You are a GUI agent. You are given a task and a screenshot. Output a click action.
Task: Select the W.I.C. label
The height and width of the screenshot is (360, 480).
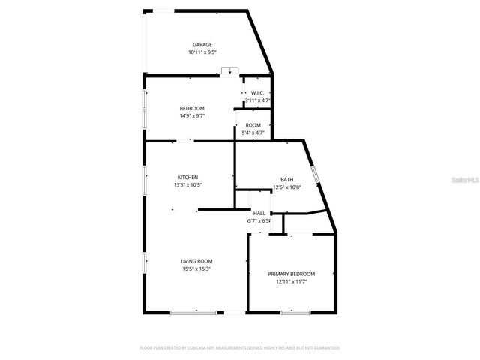[257, 92]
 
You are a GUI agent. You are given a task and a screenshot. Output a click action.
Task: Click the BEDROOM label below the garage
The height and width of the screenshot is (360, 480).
[192, 108]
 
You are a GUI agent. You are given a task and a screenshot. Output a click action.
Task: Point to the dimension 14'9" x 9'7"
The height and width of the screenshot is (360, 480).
[192, 115]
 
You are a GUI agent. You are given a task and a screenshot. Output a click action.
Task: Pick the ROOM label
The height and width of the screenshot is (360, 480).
[253, 124]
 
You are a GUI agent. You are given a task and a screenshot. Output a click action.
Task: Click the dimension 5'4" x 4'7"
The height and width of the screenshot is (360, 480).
[253, 133]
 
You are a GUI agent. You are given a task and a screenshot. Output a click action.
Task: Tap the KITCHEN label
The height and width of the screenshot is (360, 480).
[187, 177]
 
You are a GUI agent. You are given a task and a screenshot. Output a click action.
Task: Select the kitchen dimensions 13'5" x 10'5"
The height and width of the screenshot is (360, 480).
[187, 184]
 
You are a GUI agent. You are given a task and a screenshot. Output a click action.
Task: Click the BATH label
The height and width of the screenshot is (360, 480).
[287, 179]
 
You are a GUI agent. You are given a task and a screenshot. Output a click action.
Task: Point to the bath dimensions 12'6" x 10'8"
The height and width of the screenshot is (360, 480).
[287, 187]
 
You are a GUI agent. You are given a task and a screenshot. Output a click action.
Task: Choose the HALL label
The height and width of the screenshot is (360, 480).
[259, 213]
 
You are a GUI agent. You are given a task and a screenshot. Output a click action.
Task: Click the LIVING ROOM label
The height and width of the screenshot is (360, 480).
[196, 260]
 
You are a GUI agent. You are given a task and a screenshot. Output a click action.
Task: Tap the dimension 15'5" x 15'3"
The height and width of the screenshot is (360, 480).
[196, 268]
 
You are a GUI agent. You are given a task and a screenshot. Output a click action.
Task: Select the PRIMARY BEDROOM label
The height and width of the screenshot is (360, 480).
[292, 274]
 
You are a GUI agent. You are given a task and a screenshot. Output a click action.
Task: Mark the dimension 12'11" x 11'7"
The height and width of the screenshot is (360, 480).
[292, 282]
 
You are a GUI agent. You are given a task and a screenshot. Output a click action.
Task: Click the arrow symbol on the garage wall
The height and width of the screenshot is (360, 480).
[229, 71]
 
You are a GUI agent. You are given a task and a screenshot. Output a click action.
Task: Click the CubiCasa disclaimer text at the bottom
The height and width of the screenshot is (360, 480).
[240, 348]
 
